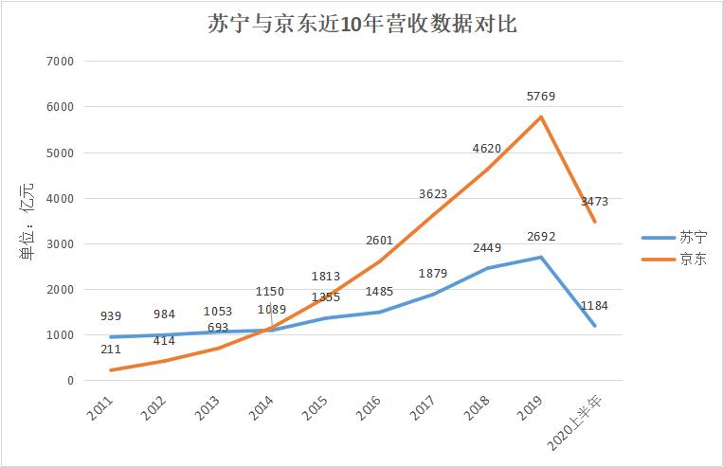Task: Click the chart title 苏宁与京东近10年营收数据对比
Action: click(362, 25)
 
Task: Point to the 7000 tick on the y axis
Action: click(59, 62)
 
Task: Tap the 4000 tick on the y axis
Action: click(59, 199)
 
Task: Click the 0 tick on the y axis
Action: click(69, 381)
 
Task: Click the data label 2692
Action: click(540, 237)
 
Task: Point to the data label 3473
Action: click(594, 201)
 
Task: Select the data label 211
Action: click(111, 350)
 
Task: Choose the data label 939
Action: click(111, 316)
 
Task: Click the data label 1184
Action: click(594, 305)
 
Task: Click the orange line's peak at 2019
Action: click(540, 117)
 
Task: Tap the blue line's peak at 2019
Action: click(540, 257)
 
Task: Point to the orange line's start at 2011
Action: click(111, 370)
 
